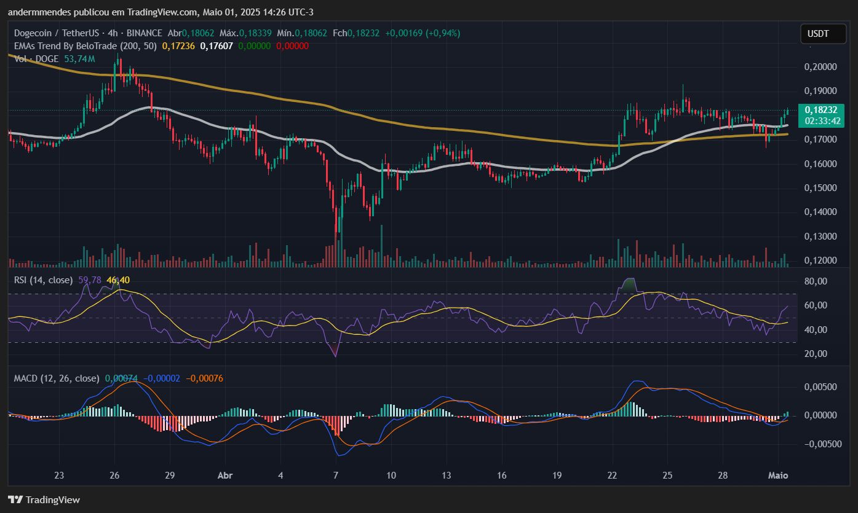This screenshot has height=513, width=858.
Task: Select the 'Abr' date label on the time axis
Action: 224,475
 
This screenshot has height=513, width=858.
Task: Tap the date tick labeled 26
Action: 114,475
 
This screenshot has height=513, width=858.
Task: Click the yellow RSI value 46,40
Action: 118,280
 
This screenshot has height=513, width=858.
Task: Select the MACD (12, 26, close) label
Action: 56,378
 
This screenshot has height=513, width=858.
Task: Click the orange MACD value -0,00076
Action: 205,378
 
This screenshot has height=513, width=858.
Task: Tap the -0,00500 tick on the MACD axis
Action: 820,444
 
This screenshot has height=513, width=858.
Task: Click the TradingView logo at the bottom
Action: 44,499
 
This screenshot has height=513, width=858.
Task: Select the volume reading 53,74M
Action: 79,59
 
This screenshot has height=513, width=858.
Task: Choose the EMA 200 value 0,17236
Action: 178,46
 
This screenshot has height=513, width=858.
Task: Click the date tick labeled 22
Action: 613,475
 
